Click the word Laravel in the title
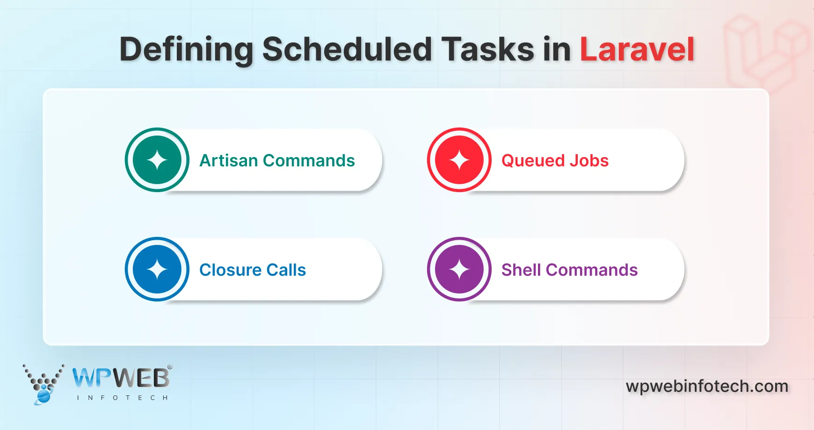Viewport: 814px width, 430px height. click(637, 50)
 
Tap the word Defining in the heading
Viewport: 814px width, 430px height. click(186, 50)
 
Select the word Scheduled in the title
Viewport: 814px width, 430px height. click(347, 50)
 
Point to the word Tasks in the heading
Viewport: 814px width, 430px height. click(487, 50)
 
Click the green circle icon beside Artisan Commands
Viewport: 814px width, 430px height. click(157, 160)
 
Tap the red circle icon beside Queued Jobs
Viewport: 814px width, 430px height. click(459, 160)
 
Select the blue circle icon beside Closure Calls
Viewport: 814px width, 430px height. click(157, 270)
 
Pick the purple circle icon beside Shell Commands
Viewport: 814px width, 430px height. click(459, 270)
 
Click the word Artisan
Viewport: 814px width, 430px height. click(228, 161)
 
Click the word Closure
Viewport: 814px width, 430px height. click(230, 270)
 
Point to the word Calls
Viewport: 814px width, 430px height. click(286, 270)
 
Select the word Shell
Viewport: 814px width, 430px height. click(521, 270)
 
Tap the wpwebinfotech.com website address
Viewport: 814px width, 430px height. click(707, 387)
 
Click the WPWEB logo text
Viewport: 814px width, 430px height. click(121, 378)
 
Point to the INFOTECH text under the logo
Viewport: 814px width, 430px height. click(122, 398)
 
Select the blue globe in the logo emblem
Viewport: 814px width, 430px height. click(43, 396)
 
